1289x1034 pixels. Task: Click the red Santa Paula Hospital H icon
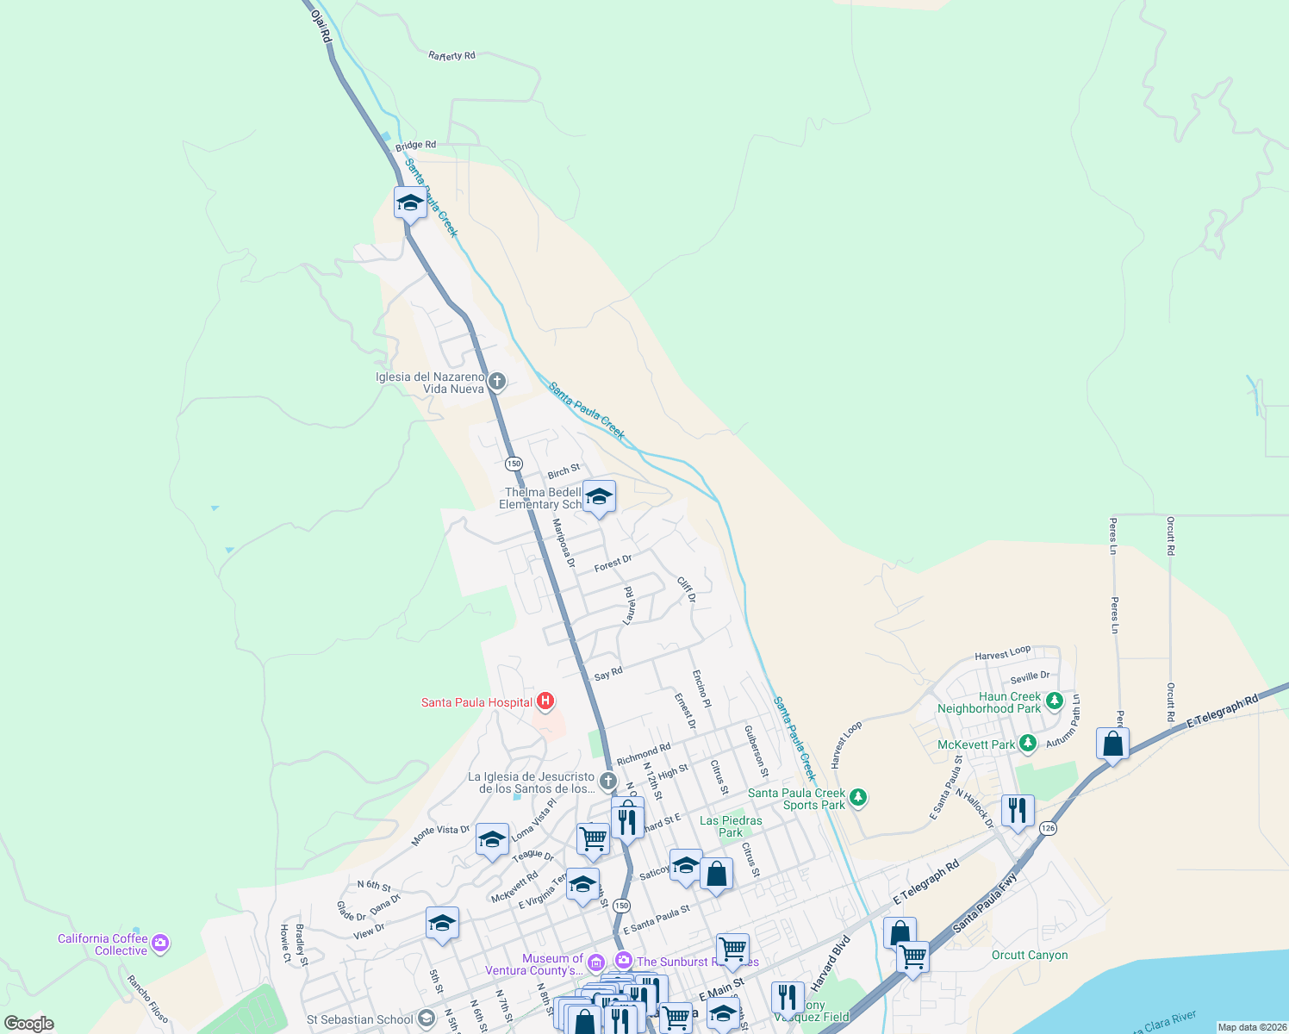[x=545, y=701]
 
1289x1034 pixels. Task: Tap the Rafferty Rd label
[x=451, y=56]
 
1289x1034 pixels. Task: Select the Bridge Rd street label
[x=416, y=146]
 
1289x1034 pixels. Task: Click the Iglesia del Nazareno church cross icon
[x=496, y=381]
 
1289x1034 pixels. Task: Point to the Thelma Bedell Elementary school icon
[x=599, y=497]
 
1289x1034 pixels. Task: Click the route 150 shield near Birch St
[x=514, y=464]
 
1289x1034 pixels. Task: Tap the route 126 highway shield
[x=1048, y=828]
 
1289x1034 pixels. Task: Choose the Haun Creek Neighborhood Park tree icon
[x=1054, y=701]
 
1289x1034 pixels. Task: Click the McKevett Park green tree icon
[x=1027, y=743]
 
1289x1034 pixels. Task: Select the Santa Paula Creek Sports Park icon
[x=857, y=797]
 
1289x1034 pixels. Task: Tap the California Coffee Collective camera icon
[x=160, y=944]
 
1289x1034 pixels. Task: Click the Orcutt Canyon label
[x=1030, y=955]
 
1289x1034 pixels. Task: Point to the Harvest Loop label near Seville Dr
[x=1003, y=654]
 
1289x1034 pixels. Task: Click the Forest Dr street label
[x=613, y=564]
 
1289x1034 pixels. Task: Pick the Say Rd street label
[x=608, y=674]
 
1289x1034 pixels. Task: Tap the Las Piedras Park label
[x=731, y=826]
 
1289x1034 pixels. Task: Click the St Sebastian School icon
[x=426, y=1019]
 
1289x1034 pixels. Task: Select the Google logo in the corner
[x=29, y=1024]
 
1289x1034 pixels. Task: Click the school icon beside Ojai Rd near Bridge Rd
[x=410, y=203]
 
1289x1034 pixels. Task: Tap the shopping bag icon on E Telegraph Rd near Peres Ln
[x=1112, y=744]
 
